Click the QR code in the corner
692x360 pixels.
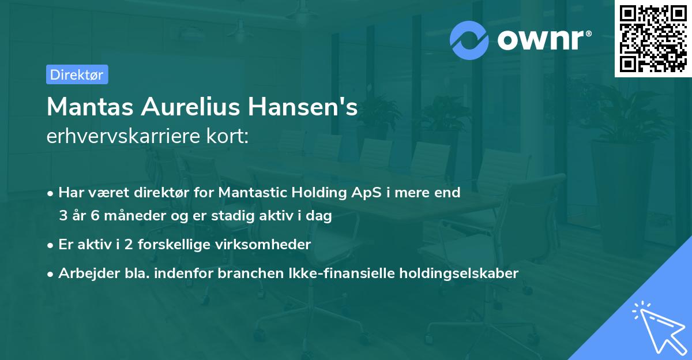[653, 39]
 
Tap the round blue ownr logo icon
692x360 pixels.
[469, 40]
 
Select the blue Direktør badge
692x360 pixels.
[77, 74]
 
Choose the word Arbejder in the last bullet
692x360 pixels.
[84, 273]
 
